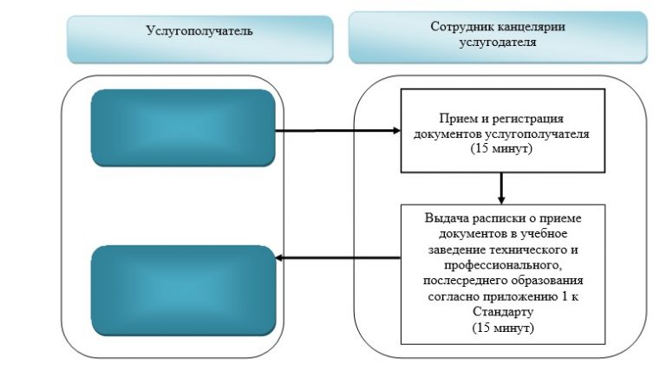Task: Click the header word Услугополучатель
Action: (x=199, y=31)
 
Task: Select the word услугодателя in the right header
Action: (x=498, y=42)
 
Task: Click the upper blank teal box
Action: (x=183, y=127)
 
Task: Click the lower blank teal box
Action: (x=184, y=291)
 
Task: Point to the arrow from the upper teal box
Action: (x=338, y=130)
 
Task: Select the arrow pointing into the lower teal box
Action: (x=338, y=257)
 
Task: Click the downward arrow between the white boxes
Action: (x=501, y=189)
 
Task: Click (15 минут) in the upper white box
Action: (x=501, y=148)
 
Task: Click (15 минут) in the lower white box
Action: (x=503, y=328)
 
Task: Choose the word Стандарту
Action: (x=503, y=312)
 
